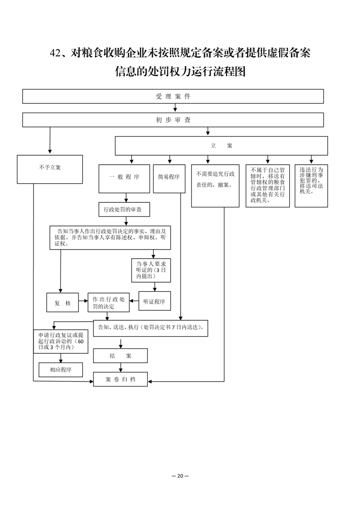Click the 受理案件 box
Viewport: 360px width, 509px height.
pyautogui.click(x=173, y=97)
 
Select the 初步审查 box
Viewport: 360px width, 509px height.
pyautogui.click(x=173, y=120)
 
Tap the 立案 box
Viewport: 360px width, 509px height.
pyautogui.click(x=221, y=146)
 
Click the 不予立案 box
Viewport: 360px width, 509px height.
pyautogui.click(x=50, y=170)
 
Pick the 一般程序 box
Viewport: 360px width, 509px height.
pyautogui.click(x=124, y=179)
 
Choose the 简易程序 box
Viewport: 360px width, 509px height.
pyautogui.click(x=169, y=179)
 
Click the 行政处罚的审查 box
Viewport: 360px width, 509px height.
pyautogui.click(x=124, y=210)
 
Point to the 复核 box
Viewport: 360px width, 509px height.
pyautogui.click(x=62, y=303)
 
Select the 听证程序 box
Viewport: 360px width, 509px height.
pyautogui.click(x=155, y=301)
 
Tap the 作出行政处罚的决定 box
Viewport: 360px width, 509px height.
pyautogui.click(x=108, y=303)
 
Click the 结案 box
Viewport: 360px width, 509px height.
pyautogui.click(x=120, y=356)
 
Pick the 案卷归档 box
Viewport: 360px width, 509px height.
pyautogui.click(x=120, y=379)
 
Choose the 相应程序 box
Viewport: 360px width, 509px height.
pyautogui.click(x=61, y=370)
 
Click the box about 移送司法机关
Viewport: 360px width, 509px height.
pyautogui.click(x=311, y=186)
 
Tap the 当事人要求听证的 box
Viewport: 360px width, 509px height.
pyautogui.click(x=151, y=270)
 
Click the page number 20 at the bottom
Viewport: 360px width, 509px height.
pyautogui.click(x=180, y=476)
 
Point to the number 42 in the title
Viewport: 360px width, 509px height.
pyautogui.click(x=55, y=53)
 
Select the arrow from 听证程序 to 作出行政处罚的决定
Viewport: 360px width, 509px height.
pyautogui.click(x=134, y=301)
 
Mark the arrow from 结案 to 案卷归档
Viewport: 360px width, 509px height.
pyautogui.click(x=121, y=367)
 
